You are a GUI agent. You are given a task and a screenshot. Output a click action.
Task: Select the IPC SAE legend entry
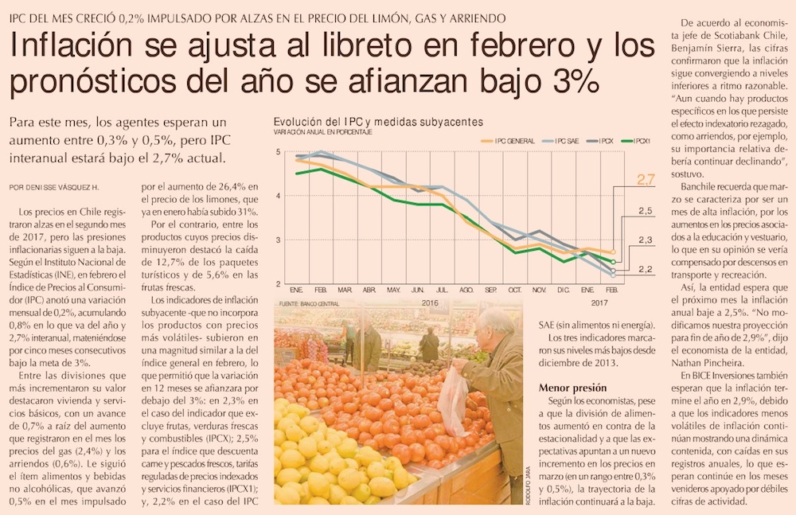point(562,141)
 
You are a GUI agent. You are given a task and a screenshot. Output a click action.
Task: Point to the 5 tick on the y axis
point(278,151)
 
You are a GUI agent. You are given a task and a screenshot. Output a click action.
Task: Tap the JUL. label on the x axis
point(443,290)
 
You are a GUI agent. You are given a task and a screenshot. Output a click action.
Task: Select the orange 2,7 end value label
point(646,180)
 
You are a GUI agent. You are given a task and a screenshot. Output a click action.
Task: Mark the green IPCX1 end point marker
point(612,261)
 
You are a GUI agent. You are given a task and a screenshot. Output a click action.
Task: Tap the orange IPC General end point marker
point(612,252)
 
